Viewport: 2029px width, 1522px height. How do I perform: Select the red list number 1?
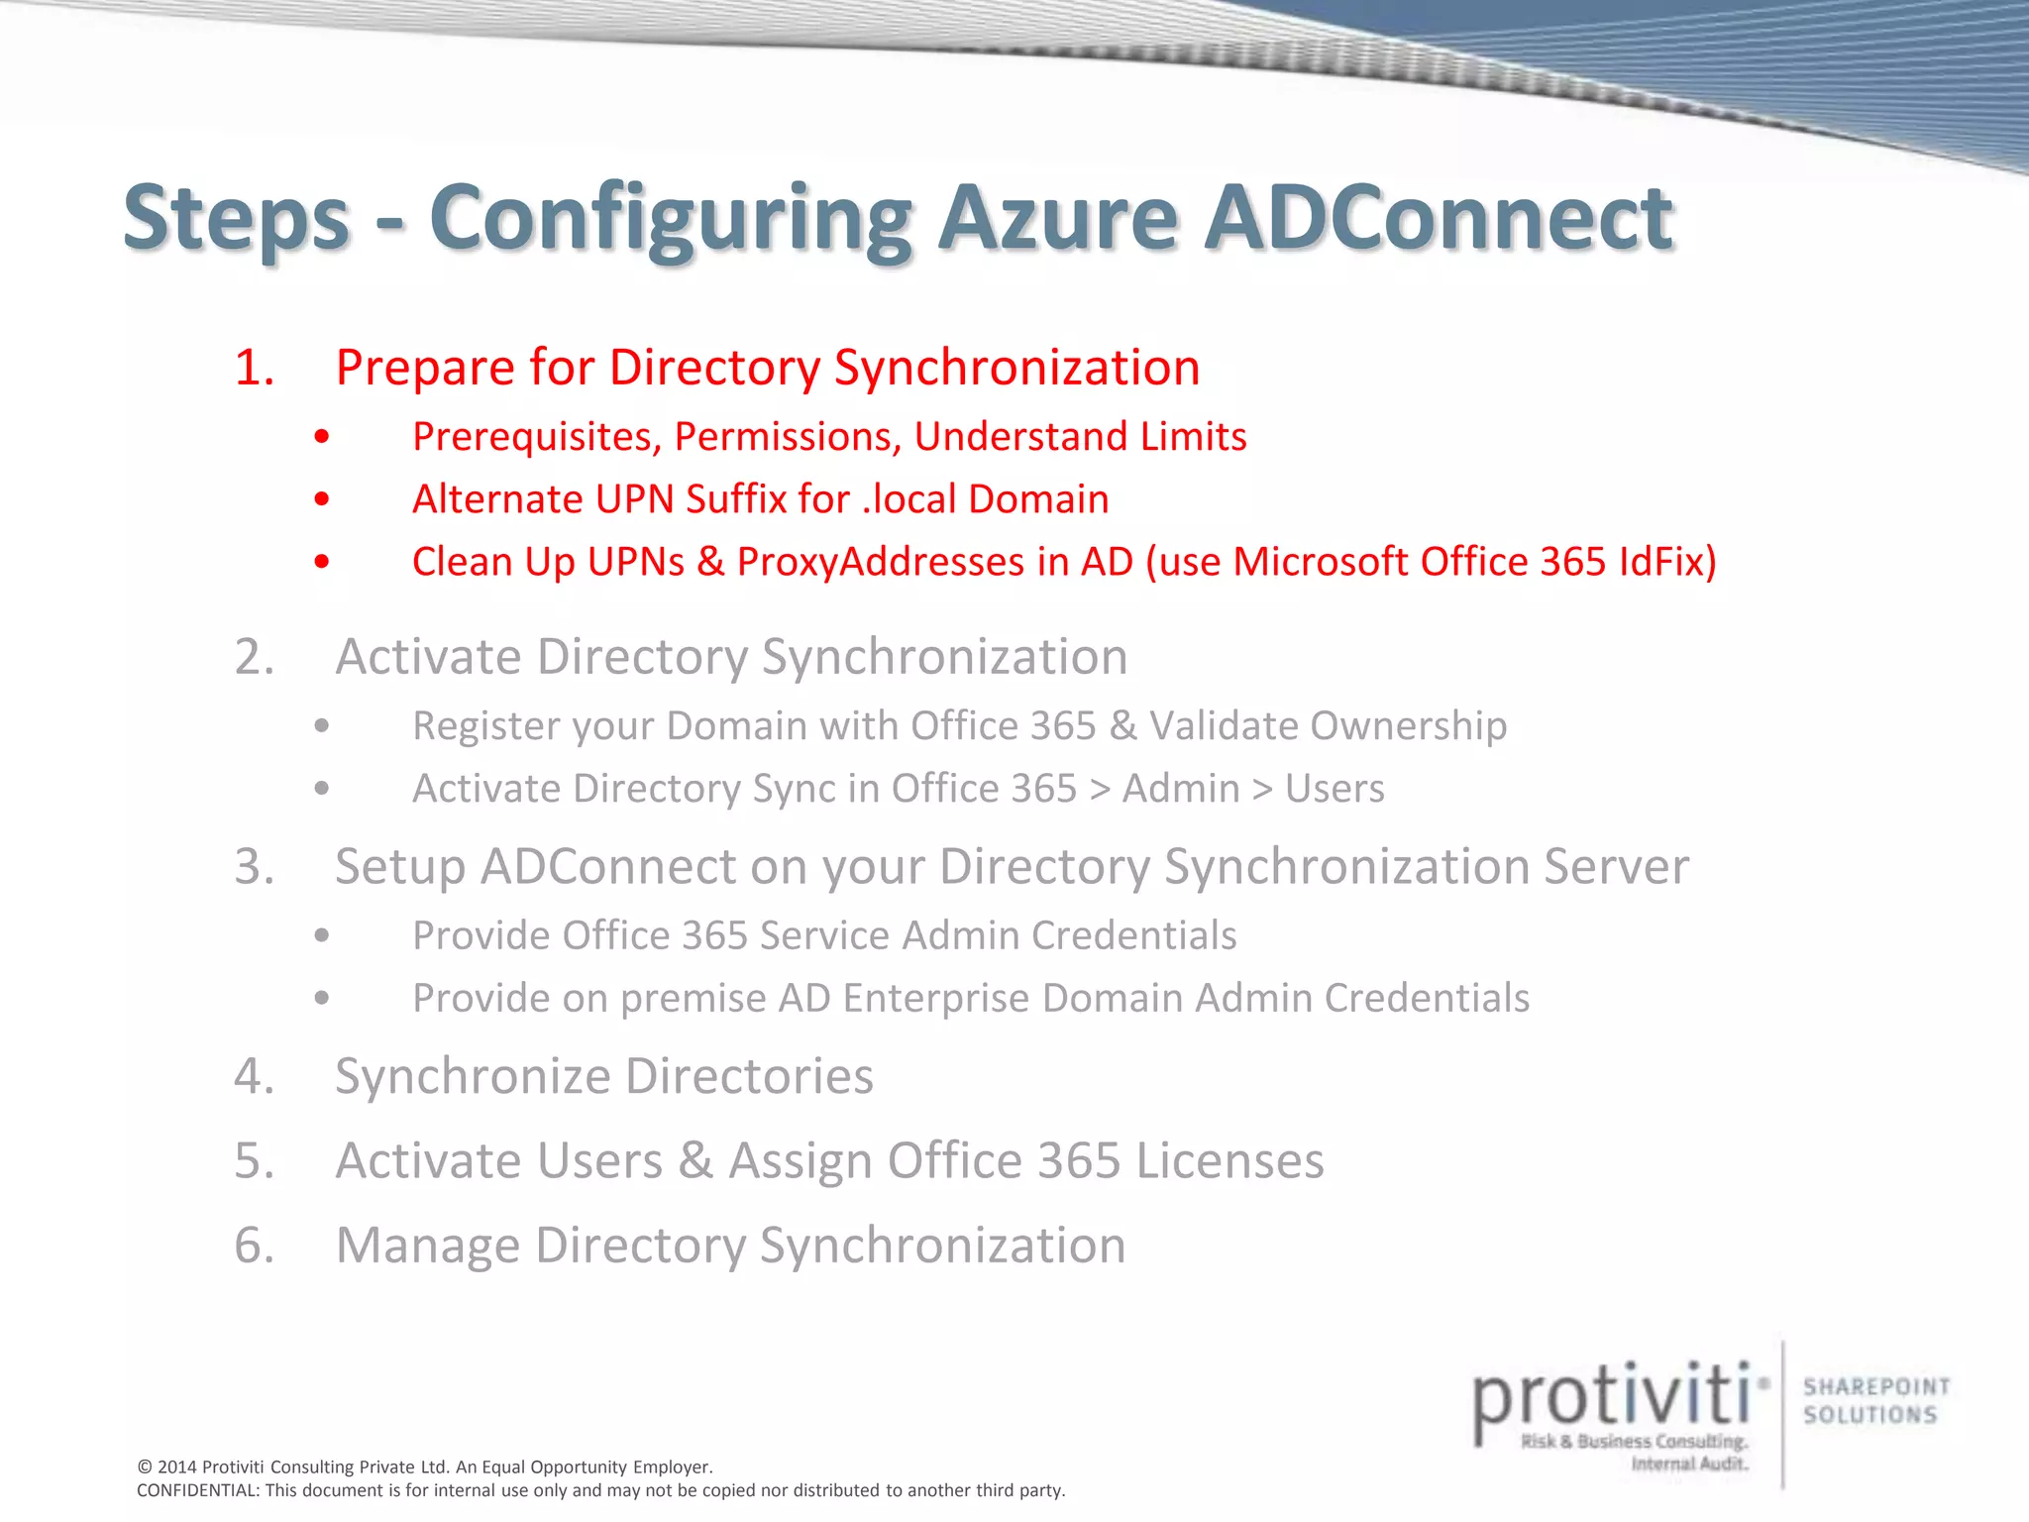254,368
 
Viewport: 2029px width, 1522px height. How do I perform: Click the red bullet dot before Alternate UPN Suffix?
321,498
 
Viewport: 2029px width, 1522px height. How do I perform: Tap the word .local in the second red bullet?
909,498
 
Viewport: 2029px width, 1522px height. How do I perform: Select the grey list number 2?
254,657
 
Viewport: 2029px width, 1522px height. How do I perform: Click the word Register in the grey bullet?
481,726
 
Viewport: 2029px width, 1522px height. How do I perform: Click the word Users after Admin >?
1335,789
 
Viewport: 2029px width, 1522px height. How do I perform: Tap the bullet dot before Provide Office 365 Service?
321,935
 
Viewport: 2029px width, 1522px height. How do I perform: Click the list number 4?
254,1076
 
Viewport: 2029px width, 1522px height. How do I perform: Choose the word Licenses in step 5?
1229,1161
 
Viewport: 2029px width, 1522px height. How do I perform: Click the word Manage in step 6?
427,1246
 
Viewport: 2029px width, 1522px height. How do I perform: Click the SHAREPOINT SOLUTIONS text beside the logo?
1875,1400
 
